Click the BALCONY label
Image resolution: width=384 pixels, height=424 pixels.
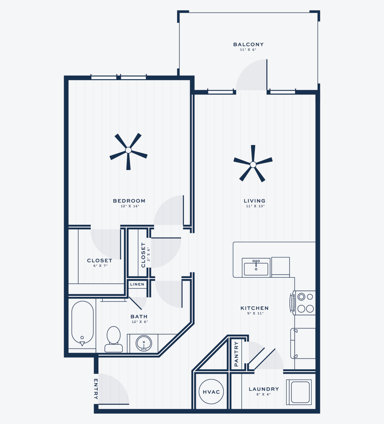click(x=248, y=44)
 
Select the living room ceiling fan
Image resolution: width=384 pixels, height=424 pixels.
click(x=253, y=164)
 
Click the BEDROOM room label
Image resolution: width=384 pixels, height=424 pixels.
click(x=129, y=201)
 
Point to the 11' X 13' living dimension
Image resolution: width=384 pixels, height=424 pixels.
click(x=255, y=206)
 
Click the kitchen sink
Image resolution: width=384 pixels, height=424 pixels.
click(x=256, y=267)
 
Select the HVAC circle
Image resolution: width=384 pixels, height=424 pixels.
click(x=211, y=392)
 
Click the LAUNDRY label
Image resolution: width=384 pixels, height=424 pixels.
click(x=264, y=389)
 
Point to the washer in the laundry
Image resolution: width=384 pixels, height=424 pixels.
click(x=299, y=392)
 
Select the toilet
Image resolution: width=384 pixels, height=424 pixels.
click(x=114, y=339)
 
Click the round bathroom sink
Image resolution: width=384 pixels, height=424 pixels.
click(x=144, y=343)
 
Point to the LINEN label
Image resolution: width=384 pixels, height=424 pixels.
click(x=137, y=284)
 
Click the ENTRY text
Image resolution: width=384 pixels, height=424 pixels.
click(x=96, y=389)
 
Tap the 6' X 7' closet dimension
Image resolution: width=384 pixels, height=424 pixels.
click(x=100, y=266)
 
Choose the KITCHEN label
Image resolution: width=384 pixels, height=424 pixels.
click(x=255, y=308)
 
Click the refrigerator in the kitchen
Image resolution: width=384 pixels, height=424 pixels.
click(x=303, y=343)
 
